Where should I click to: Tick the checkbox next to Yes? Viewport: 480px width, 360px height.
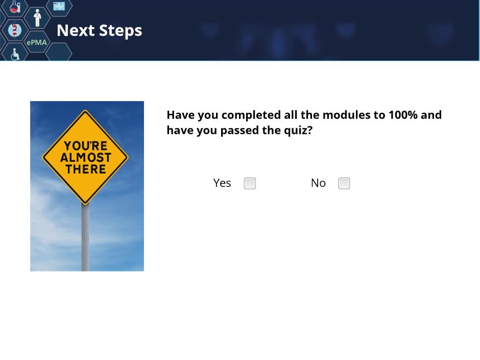click(x=250, y=183)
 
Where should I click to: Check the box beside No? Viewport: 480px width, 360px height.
click(x=344, y=183)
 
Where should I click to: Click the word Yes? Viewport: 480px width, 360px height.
click(x=222, y=183)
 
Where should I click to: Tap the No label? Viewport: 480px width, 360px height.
click(x=318, y=183)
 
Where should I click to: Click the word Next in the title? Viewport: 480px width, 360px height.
click(x=76, y=30)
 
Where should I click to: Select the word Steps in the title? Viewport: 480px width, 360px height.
click(x=121, y=31)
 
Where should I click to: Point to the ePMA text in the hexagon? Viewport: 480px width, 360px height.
click(x=37, y=42)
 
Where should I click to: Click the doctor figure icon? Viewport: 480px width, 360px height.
click(x=37, y=18)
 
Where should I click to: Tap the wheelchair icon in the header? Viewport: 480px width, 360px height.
click(x=15, y=54)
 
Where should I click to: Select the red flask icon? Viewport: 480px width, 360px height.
click(x=15, y=7)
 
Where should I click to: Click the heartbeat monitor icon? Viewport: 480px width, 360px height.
click(x=59, y=6)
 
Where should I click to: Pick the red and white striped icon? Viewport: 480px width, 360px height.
click(x=14, y=30)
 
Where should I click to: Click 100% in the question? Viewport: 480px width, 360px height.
click(x=403, y=115)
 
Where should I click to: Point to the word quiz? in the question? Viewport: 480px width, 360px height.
click(x=298, y=131)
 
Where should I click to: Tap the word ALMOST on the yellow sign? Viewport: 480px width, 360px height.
click(x=86, y=158)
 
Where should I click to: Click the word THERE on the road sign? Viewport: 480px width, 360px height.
click(x=86, y=170)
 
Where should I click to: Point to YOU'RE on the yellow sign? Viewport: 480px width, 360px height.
click(x=86, y=146)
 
